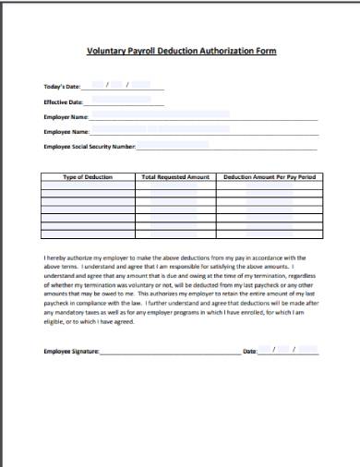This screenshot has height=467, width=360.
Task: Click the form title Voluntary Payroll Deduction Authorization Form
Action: tap(180, 53)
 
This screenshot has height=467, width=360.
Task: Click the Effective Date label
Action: tap(64, 102)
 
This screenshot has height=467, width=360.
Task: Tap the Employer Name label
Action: tap(66, 117)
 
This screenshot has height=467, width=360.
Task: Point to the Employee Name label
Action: tap(66, 132)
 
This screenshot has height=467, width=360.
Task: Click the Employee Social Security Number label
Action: tap(90, 147)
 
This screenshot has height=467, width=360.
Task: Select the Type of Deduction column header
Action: tap(87, 175)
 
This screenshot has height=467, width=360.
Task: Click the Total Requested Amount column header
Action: tap(174, 175)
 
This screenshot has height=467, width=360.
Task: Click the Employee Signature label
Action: tap(71, 352)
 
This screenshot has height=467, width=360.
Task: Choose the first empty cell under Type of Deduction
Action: tap(87, 185)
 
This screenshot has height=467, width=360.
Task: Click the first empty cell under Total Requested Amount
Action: tap(174, 185)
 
